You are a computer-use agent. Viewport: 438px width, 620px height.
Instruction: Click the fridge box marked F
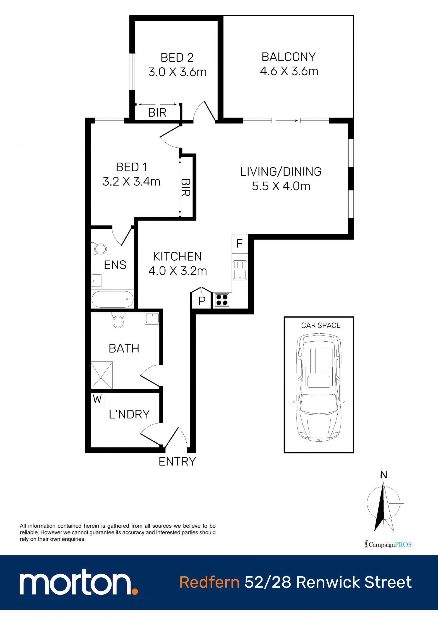click(x=239, y=243)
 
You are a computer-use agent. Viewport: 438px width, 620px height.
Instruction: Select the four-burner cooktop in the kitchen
click(x=222, y=300)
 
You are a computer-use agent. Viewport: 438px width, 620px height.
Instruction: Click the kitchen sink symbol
click(x=240, y=270)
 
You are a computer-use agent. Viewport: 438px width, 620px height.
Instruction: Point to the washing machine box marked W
click(x=97, y=399)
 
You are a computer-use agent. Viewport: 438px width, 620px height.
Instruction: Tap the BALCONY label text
click(x=289, y=57)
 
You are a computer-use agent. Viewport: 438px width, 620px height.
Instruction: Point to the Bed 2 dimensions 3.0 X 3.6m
click(x=177, y=72)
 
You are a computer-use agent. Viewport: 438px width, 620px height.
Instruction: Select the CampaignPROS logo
click(x=388, y=544)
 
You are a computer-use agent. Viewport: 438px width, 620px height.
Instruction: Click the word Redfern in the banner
click(x=210, y=582)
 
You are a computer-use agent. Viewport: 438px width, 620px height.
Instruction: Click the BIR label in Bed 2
click(x=157, y=112)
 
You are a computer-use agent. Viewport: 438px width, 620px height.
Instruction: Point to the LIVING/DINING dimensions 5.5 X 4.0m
click(x=281, y=186)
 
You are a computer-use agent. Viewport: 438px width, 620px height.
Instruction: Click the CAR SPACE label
click(x=321, y=325)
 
